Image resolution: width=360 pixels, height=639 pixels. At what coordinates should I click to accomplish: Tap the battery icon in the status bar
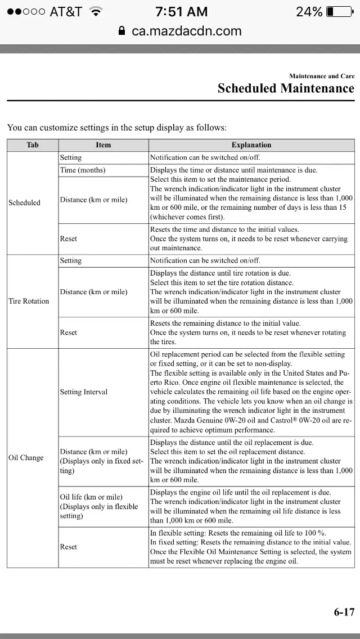339,12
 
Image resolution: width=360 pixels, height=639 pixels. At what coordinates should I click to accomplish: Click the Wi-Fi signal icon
96,12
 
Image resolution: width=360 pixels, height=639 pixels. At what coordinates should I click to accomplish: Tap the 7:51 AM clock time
181,12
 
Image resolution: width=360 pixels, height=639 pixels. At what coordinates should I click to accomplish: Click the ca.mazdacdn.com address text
187,31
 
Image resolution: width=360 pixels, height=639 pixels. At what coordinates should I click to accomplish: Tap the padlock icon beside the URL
122,31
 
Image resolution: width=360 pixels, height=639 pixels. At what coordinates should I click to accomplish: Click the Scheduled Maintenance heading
286,88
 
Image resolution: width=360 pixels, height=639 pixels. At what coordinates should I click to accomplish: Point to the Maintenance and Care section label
322,76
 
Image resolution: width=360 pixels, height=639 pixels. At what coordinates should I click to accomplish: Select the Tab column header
33,145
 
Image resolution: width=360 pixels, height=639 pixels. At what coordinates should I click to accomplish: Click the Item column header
103,145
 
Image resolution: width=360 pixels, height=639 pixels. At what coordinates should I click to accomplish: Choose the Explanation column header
251,145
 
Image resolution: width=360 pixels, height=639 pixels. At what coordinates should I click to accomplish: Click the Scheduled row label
25,202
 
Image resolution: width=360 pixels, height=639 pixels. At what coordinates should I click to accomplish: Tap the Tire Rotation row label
29,301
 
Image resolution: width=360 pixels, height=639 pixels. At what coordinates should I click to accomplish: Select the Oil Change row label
26,458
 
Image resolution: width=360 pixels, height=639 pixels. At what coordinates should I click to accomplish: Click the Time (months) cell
83,170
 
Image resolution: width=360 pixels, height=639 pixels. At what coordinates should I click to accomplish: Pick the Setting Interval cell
84,392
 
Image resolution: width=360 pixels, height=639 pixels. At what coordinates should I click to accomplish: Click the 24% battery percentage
309,12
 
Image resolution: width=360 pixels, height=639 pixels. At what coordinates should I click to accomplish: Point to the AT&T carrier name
66,12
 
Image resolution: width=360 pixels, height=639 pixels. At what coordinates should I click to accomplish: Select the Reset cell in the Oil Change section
69,547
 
